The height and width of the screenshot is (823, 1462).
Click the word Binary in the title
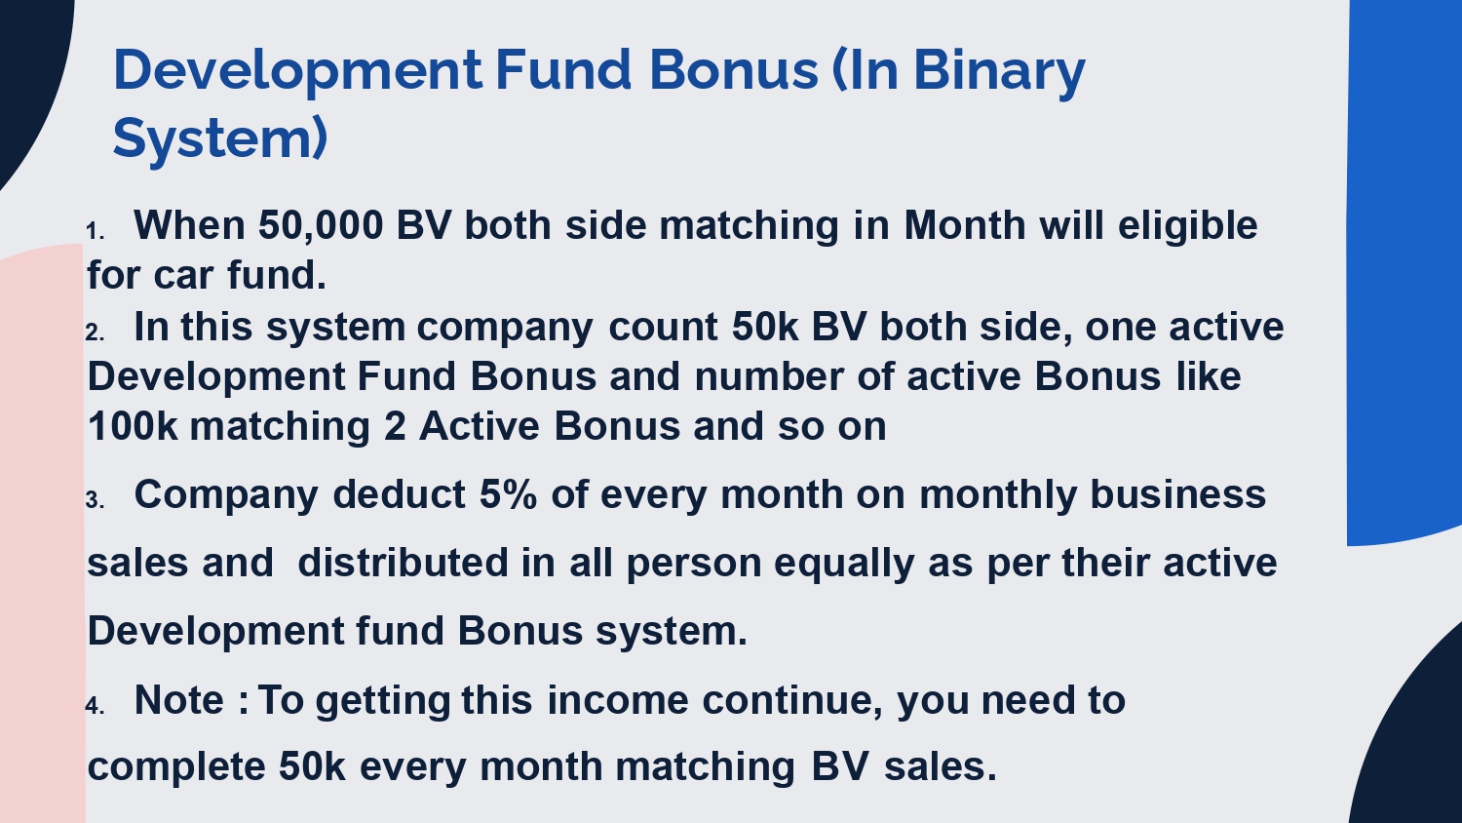coord(999,72)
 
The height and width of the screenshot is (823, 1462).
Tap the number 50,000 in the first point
coord(321,226)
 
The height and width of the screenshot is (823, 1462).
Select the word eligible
coord(1188,226)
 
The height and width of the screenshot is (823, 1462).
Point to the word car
coord(184,276)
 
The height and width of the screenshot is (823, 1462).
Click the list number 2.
coord(95,333)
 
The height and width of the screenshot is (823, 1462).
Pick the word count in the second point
coord(663,327)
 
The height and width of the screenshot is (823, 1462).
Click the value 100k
coord(133,426)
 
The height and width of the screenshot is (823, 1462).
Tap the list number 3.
coord(95,500)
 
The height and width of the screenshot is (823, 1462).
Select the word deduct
coord(400,494)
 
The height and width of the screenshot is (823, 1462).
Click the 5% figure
coord(509,494)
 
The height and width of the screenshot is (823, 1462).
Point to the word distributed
coord(403,563)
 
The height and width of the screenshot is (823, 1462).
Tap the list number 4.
coord(95,706)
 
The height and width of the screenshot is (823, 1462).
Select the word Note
coord(179,700)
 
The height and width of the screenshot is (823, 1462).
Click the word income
coord(617,700)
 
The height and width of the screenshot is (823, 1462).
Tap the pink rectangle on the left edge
coord(42,533)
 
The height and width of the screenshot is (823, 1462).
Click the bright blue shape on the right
coord(1404,271)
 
